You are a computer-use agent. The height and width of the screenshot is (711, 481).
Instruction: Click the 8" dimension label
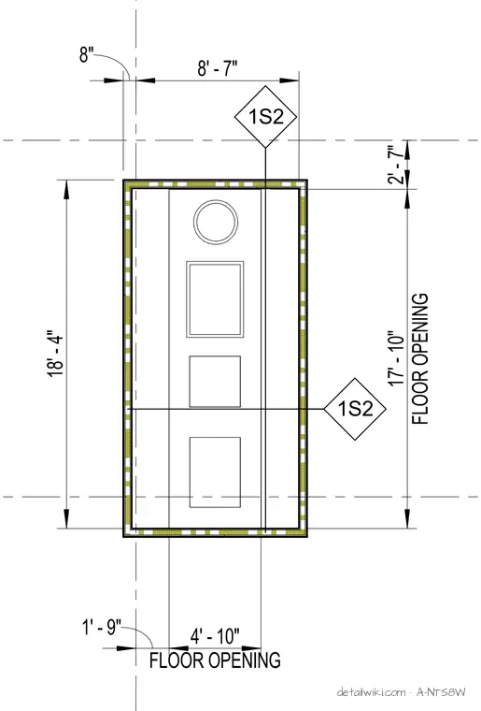point(86,55)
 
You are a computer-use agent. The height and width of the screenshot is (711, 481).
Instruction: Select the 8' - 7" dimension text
point(218,69)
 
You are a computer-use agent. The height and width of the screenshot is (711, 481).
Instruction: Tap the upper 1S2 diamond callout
point(265,117)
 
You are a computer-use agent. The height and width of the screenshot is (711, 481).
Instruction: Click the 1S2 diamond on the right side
point(355,409)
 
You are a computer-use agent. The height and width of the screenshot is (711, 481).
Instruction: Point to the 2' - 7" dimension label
point(395,164)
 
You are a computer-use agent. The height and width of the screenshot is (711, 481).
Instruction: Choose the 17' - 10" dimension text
point(395,358)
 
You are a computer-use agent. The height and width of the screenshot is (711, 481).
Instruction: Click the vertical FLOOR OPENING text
point(420,358)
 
